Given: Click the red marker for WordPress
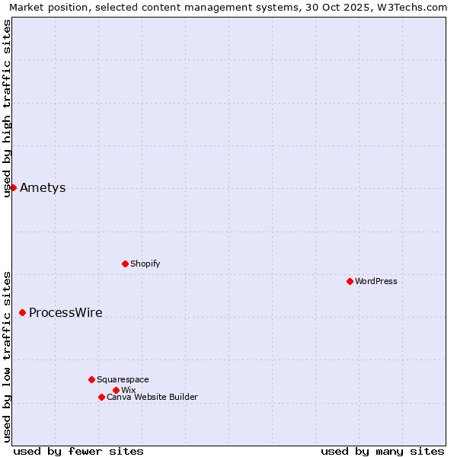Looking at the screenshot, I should [350, 281].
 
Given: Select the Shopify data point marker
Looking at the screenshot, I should [125, 264].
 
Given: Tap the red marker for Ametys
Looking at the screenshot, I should [13, 187].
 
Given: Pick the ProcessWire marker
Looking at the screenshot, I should [22, 312].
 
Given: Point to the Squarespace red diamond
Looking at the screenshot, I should [91, 379].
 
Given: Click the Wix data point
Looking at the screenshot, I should [116, 390].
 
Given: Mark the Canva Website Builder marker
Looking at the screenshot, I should [101, 397].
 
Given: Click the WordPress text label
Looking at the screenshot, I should [376, 281].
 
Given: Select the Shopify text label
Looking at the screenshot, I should [145, 264].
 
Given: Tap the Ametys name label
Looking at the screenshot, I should [43, 188].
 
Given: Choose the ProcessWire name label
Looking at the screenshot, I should [66, 313].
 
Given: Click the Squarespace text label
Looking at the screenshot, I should [123, 379].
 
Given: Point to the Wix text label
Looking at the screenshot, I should [128, 390].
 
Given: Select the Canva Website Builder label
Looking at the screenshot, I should [152, 397].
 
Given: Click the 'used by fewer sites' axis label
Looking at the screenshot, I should [78, 451].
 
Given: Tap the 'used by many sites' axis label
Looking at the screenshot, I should [382, 451].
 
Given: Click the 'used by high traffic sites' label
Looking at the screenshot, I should [7, 108].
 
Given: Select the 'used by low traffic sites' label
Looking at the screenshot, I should [7, 356].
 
